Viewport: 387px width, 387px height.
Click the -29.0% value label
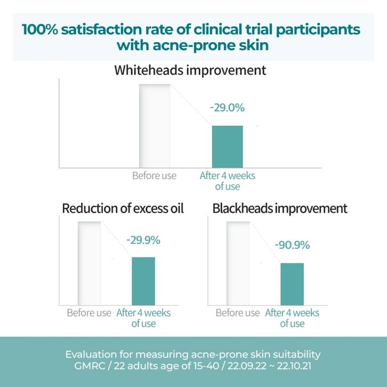pos(227,107)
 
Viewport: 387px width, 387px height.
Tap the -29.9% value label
pos(143,240)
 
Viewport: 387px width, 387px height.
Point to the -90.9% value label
pos(292,245)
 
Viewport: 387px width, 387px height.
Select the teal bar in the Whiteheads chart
pos(227,147)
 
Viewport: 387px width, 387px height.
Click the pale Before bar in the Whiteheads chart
pos(155,126)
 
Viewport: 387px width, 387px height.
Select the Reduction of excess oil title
pos(123,208)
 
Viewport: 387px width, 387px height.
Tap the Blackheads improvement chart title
pos(280,208)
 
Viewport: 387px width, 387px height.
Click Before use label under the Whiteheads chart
pos(154,175)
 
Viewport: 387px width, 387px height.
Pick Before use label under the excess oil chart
pos(89,312)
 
